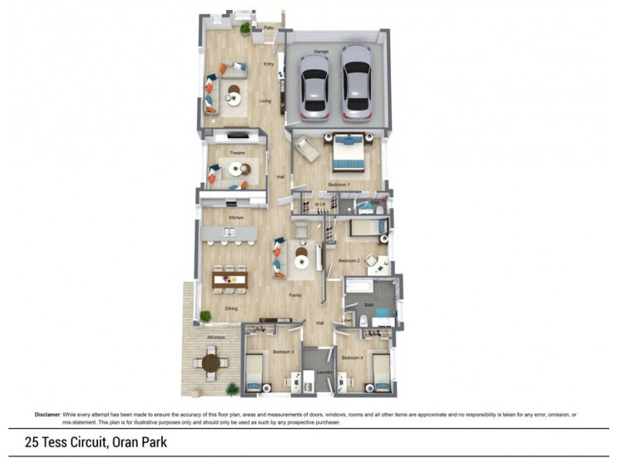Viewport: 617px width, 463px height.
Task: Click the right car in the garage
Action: pyautogui.click(x=357, y=82)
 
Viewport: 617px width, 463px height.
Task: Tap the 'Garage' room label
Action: pyautogui.click(x=321, y=52)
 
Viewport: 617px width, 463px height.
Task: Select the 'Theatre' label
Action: pyautogui.click(x=237, y=153)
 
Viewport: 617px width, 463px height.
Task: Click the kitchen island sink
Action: pyautogui.click(x=230, y=231)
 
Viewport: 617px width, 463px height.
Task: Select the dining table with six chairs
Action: pyautogui.click(x=229, y=279)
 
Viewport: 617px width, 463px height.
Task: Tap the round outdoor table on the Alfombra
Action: pyautogui.click(x=211, y=360)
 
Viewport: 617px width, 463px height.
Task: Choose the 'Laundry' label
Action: pyautogui.click(x=324, y=373)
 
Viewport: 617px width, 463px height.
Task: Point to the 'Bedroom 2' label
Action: pyautogui.click(x=349, y=261)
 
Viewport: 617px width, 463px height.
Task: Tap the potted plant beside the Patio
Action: pyautogui.click(x=245, y=29)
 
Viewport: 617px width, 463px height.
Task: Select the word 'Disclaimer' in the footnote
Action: pyautogui.click(x=48, y=414)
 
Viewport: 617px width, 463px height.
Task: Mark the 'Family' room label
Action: pyautogui.click(x=295, y=295)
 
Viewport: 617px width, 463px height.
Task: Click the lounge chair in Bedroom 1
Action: pyautogui.click(x=307, y=150)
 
